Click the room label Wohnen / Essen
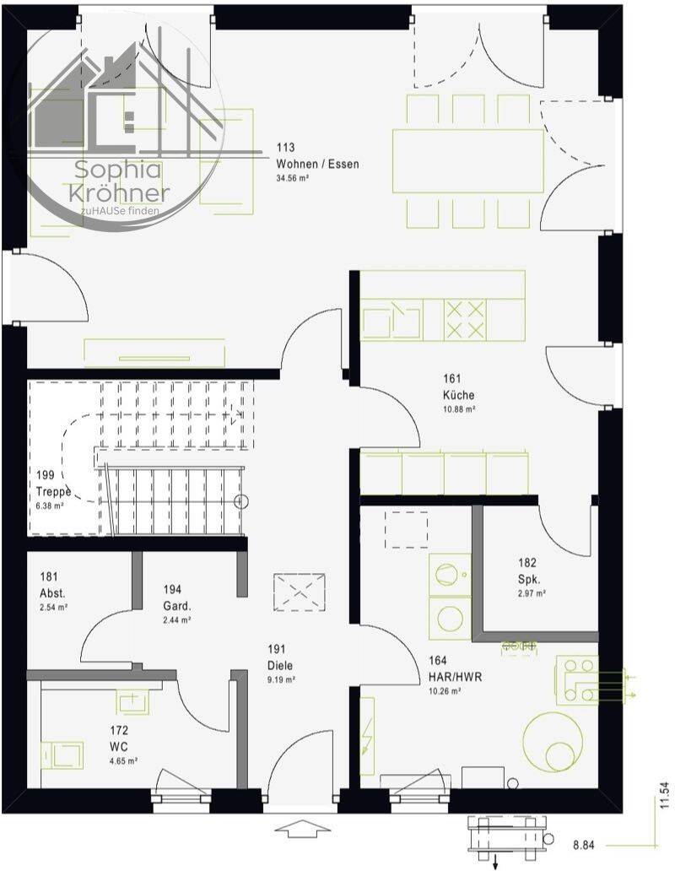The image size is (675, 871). click(317, 164)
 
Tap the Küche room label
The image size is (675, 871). click(458, 395)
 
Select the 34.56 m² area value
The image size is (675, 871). click(293, 179)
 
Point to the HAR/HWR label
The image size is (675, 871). click(455, 677)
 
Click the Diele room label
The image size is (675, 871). click(280, 665)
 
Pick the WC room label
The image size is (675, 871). click(119, 747)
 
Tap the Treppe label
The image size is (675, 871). click(53, 491)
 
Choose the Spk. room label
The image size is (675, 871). click(529, 579)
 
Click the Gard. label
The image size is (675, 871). click(177, 605)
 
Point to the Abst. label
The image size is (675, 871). click(52, 592)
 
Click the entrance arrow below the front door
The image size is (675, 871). click(302, 828)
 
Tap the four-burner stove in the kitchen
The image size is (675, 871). click(465, 320)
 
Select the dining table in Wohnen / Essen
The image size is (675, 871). click(468, 161)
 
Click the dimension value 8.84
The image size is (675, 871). click(583, 846)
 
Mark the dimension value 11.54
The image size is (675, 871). click(665, 795)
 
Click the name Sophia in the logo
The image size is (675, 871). click(117, 170)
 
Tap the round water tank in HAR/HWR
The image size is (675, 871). click(553, 743)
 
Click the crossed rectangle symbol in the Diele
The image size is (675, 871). click(300, 592)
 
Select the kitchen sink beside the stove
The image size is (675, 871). click(391, 320)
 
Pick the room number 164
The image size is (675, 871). click(438, 661)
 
